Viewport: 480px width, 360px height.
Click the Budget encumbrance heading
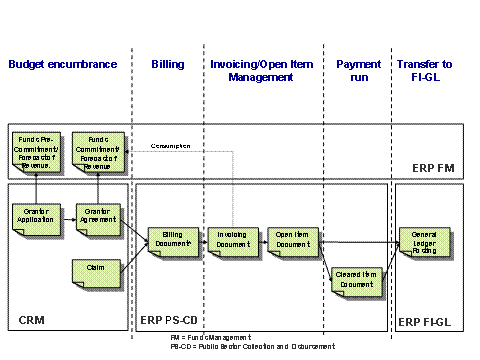coord(63,64)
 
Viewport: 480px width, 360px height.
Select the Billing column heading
coord(167,64)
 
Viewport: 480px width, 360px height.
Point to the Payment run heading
coord(358,70)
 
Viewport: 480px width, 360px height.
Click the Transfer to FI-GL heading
coord(425,70)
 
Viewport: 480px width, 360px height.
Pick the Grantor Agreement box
coord(98,216)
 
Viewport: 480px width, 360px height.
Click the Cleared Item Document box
coord(355,279)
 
